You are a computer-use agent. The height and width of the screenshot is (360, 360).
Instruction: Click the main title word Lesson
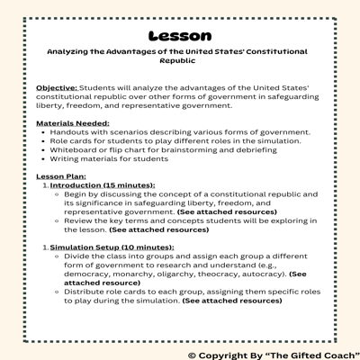pyautogui.click(x=180, y=37)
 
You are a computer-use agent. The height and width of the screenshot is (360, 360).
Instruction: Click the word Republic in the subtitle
pyautogui.click(x=179, y=64)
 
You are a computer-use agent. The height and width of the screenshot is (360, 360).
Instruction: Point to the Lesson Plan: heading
pyautogui.click(x=64, y=175)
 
